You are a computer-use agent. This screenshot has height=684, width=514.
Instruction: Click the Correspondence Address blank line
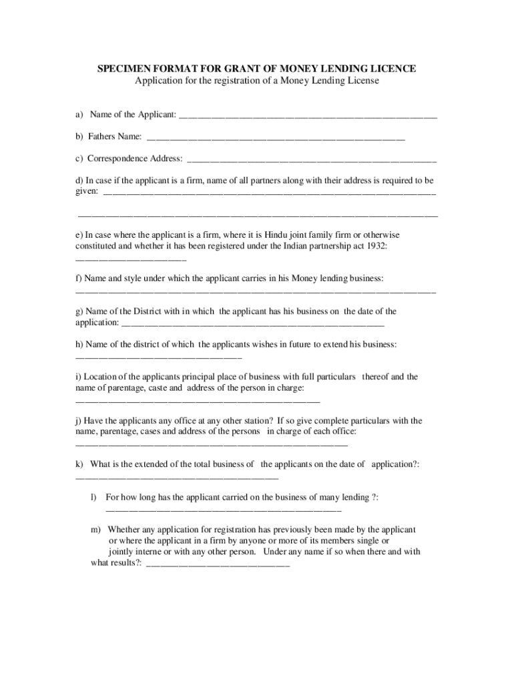coord(312,159)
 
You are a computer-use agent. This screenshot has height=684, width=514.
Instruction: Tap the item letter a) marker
coord(79,115)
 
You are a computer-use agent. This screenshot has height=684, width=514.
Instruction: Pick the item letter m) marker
coord(96,529)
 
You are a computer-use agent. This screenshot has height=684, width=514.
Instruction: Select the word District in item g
coord(152,311)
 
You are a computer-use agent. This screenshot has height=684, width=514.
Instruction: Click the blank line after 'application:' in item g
coord(254,323)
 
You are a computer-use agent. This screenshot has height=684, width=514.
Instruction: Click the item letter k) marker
coord(79,464)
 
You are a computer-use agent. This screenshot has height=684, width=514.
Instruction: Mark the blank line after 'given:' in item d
coord(270,192)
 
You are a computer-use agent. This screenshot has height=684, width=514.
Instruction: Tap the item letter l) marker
coord(94,497)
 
